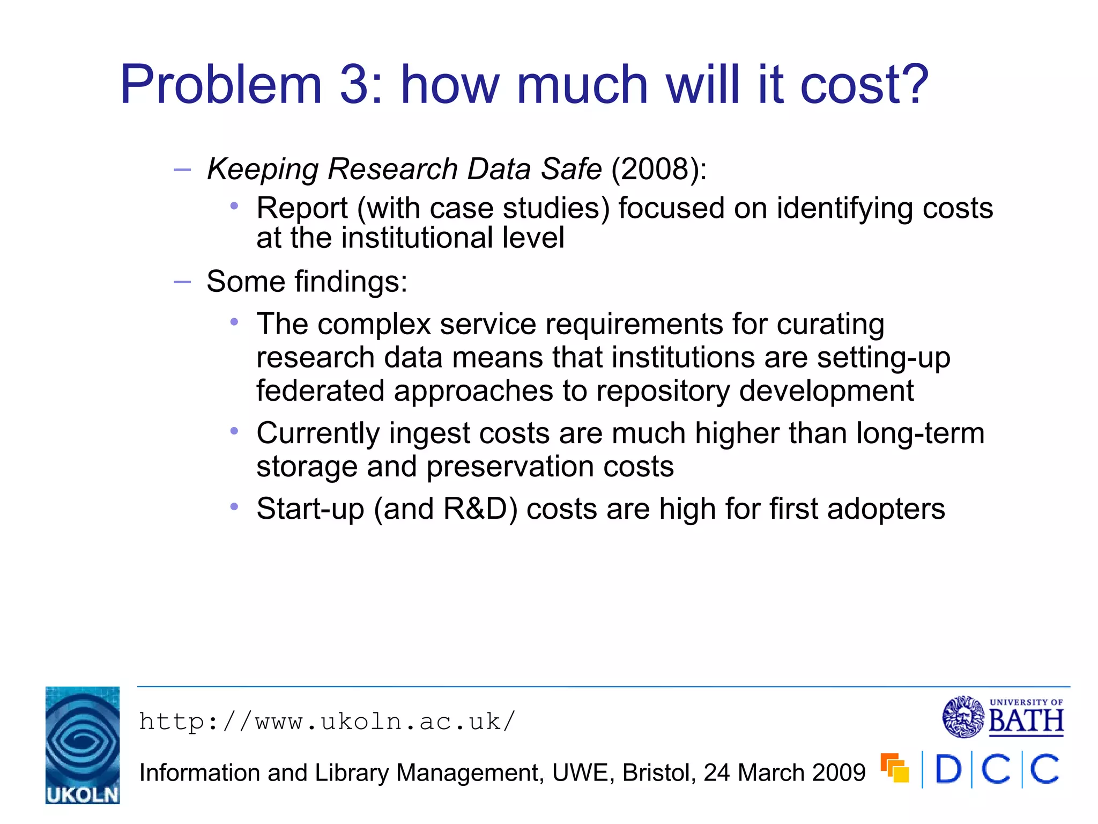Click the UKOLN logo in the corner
(83, 745)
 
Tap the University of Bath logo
(1003, 717)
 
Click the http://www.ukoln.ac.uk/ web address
(327, 722)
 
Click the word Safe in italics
(571, 169)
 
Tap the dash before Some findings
(182, 282)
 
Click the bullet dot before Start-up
(234, 506)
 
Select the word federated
(320, 391)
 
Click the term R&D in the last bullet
(475, 509)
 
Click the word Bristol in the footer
(659, 773)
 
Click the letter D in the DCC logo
(948, 770)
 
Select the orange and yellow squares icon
(895, 768)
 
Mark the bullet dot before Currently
(234, 431)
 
